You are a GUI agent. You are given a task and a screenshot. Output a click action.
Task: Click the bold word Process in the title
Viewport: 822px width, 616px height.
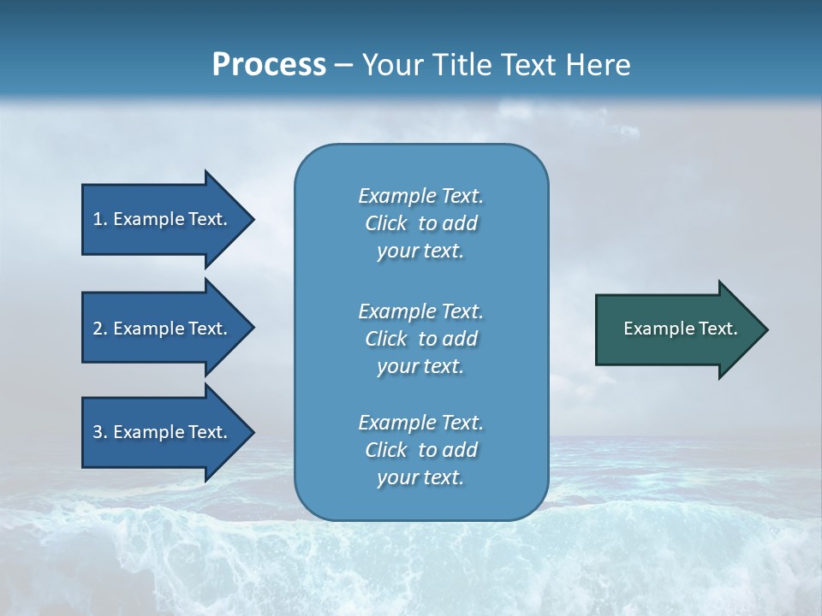(x=269, y=65)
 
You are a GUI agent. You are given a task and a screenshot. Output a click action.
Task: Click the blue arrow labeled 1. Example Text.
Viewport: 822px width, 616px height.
(x=163, y=219)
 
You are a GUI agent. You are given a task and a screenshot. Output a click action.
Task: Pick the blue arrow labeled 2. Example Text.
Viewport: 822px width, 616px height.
(x=163, y=329)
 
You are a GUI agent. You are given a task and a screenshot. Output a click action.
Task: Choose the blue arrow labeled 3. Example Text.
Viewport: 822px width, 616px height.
(x=163, y=432)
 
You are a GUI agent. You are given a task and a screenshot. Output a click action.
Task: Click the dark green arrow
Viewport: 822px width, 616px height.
(x=676, y=329)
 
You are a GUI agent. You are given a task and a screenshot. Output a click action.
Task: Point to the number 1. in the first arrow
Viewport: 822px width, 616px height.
(x=100, y=219)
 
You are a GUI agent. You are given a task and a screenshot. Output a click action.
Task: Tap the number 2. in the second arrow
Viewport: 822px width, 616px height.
(x=100, y=329)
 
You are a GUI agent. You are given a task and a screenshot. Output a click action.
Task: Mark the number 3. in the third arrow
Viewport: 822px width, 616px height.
(x=100, y=432)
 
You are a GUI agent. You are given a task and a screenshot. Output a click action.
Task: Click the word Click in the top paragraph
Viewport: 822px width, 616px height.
(x=386, y=223)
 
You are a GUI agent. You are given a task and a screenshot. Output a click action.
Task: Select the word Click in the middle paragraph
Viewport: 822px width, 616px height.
(x=386, y=339)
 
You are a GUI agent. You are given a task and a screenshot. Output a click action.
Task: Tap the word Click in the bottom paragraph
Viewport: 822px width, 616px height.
(x=386, y=450)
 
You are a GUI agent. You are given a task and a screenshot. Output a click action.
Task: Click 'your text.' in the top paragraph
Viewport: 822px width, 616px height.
(x=420, y=252)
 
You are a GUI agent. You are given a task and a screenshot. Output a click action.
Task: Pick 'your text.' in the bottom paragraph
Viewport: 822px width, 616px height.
(x=420, y=478)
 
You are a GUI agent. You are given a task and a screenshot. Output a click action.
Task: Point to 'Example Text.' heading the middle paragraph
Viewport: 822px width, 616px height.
(x=420, y=311)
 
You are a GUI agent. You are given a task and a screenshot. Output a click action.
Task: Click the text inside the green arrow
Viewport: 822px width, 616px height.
(x=681, y=329)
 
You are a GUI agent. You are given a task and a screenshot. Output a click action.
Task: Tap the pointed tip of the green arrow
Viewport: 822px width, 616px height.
(x=765, y=329)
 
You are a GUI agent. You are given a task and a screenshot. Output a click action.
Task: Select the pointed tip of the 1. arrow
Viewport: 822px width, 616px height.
(x=252, y=219)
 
